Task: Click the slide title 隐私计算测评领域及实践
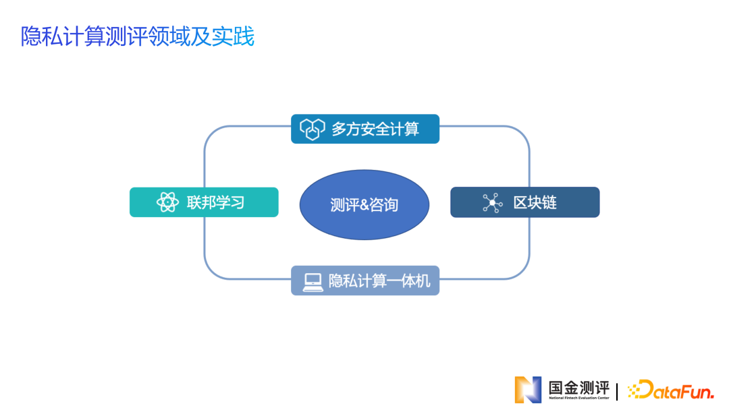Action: pos(138,36)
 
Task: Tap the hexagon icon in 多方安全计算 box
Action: pos(313,129)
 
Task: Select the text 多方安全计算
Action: pos(375,129)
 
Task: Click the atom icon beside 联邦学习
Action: pos(167,202)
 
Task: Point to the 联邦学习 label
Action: pos(215,202)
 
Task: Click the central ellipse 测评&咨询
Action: pos(364,204)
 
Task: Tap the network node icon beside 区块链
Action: pos(492,202)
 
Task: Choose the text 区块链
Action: pos(535,202)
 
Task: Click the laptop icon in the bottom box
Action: pos(313,281)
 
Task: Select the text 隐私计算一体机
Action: pos(379,281)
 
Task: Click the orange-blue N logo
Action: pos(528,389)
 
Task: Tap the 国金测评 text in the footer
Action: pos(578,387)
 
